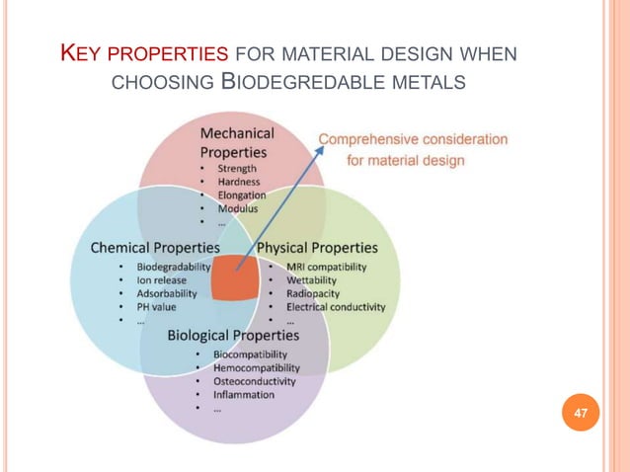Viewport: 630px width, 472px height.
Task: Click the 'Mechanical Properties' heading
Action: [237, 142]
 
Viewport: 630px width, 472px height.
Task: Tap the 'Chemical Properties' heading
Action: [155, 247]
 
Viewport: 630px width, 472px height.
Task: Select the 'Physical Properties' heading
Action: [317, 247]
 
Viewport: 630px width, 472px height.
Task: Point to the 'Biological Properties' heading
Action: [233, 335]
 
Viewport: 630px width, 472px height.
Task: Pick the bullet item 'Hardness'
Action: [239, 182]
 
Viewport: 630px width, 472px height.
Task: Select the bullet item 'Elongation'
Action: [242, 196]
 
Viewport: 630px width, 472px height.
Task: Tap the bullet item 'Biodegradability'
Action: [174, 267]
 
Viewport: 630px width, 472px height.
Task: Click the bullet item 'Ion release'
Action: [162, 279]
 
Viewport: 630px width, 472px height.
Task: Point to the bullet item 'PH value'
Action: [156, 306]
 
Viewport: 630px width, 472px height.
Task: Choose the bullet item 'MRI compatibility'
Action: [326, 267]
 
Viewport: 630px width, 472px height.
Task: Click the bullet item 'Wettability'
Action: [312, 279]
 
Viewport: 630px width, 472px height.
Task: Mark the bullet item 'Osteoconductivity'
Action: [255, 381]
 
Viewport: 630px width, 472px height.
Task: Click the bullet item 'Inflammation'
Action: [244, 395]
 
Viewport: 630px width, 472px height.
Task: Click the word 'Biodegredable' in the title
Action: [301, 78]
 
